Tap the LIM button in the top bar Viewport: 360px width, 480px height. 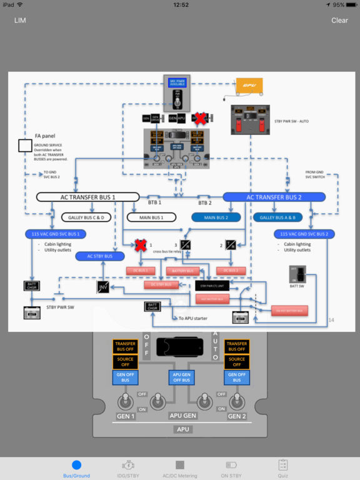click(20, 20)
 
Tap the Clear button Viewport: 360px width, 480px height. click(339, 20)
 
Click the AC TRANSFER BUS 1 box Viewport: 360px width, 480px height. click(87, 197)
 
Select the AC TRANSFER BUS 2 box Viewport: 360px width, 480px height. click(274, 197)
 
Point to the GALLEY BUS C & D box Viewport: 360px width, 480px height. click(86, 217)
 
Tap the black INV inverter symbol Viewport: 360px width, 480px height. click(103, 287)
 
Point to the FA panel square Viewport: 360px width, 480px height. click(25, 146)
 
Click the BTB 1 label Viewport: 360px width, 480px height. click(154, 203)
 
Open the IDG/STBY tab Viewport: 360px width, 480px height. click(127, 469)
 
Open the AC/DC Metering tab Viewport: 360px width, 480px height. click(179, 469)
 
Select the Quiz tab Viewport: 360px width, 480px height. click(282, 469)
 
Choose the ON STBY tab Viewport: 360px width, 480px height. click(232, 469)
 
